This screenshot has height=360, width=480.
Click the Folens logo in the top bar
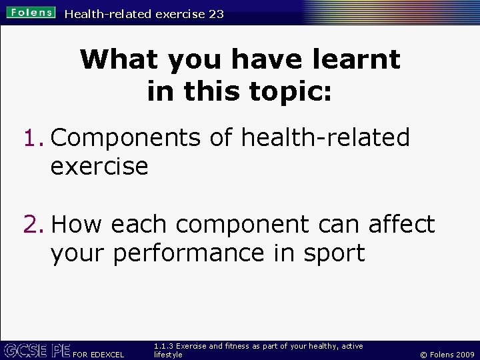click(x=31, y=13)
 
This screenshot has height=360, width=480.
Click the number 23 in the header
click(x=216, y=13)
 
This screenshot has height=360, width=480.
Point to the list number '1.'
click(x=33, y=138)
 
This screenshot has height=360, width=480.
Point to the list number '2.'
click(x=33, y=225)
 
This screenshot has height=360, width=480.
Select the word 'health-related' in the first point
click(x=325, y=138)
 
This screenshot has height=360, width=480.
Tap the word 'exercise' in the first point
click(x=99, y=167)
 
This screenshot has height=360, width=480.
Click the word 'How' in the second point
click(x=77, y=225)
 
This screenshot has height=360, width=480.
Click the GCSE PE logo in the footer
click(x=37, y=351)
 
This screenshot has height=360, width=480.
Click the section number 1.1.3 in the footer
click(x=163, y=346)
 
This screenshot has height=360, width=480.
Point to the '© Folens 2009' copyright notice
click(x=447, y=355)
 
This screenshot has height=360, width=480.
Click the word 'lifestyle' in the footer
click(x=168, y=355)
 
